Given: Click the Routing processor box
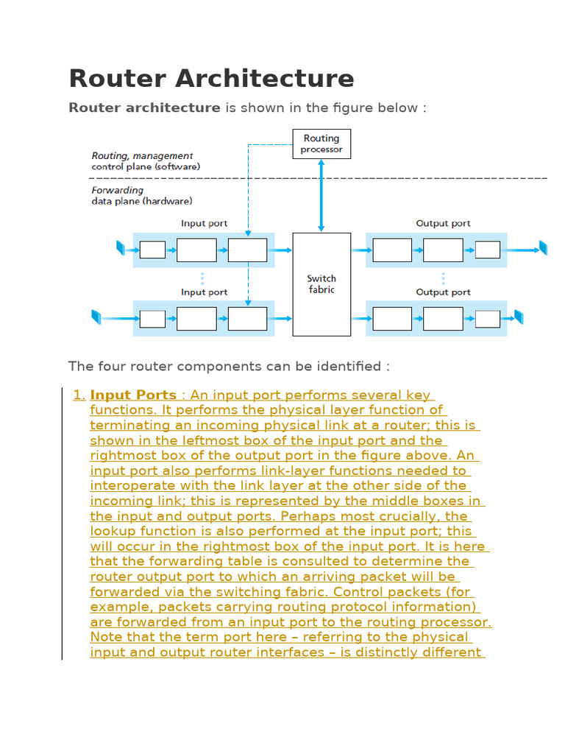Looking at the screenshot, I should pos(321,144).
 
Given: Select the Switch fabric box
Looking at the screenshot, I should pos(321,284).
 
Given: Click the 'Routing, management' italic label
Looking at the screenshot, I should pos(142,155).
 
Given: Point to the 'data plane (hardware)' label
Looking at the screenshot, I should pos(142,200).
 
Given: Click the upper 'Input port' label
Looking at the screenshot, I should pos(204,223).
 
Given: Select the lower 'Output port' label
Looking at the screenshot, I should pos(443,292).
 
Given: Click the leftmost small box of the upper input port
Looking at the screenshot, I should pos(152,250).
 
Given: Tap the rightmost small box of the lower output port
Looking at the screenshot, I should pos(487,319).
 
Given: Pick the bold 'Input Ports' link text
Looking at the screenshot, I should pos(133,395).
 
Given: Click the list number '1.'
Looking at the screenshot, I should pos(79,395).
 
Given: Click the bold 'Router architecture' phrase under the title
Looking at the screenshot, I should pos(144,108).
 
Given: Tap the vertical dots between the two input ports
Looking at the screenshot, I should pos(202,278).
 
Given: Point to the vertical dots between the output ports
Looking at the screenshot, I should pos(443,278).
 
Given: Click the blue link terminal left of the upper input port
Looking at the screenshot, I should pos(121,248).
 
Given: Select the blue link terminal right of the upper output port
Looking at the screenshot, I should pos(543,248).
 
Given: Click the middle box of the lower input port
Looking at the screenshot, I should pos(196,319).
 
